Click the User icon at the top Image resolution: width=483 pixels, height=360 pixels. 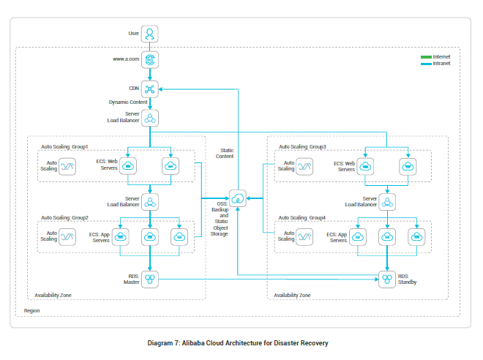tap(150, 34)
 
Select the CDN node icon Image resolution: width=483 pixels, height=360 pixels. tap(150, 89)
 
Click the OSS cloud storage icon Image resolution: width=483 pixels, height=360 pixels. tap(238, 198)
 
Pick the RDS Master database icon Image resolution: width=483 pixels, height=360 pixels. tap(150, 279)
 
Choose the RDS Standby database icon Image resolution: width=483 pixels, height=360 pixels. tap(387, 279)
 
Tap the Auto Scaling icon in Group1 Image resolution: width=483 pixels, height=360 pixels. tap(69, 167)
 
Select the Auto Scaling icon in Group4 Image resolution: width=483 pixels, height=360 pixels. tap(307, 236)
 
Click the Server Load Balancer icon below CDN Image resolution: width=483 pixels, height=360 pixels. tap(150, 119)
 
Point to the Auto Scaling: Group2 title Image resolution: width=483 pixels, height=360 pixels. tap(64, 217)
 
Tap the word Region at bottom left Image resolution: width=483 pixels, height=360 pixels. tap(32, 310)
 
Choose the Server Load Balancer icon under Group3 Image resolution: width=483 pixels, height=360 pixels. tap(387, 201)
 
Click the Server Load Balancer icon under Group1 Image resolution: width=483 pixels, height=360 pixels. tap(150, 201)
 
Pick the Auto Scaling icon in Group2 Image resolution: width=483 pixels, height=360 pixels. tap(69, 236)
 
